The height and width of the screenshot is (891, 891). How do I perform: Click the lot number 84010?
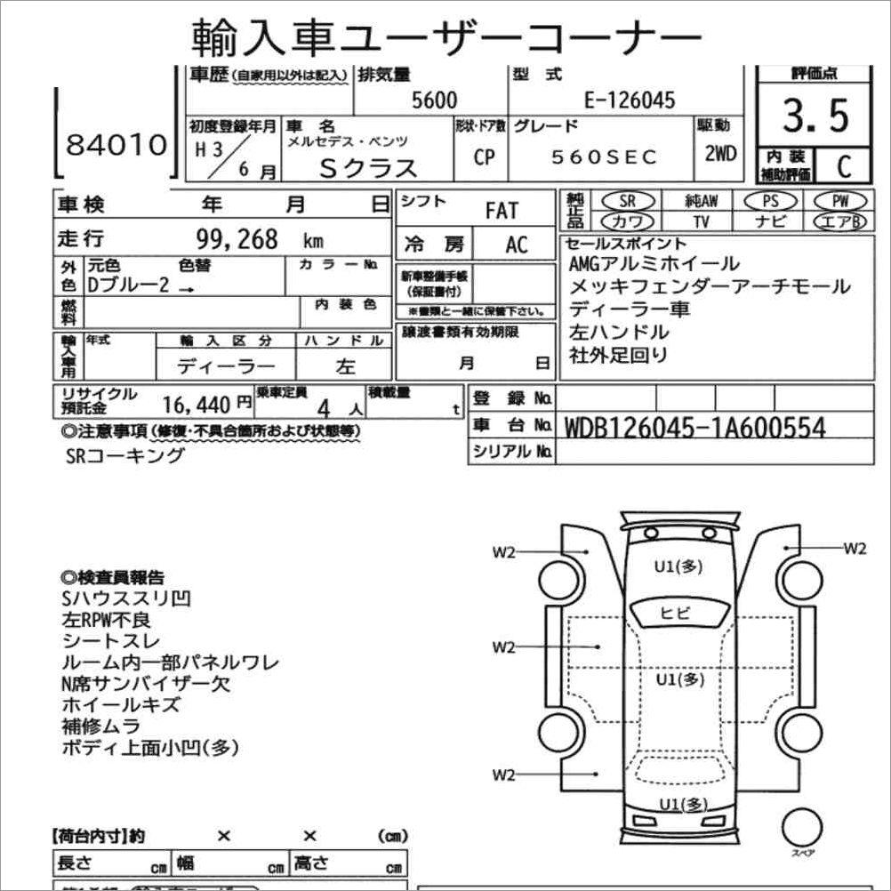(116, 145)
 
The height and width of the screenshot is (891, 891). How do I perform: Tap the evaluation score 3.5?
(815, 116)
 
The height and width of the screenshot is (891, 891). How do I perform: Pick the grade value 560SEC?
(604, 157)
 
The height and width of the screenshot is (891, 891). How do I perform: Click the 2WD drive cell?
(719, 153)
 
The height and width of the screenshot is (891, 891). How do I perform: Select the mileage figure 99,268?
(237, 239)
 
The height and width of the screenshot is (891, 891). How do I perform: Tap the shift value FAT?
(501, 211)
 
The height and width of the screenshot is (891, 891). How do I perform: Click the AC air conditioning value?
(517, 245)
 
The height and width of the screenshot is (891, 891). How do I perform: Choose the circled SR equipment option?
(626, 202)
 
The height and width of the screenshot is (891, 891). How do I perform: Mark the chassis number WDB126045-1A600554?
(694, 428)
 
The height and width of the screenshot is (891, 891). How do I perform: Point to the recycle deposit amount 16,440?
(197, 405)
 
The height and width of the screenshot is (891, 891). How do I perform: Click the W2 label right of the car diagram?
(854, 548)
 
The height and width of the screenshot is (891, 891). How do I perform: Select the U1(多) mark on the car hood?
(678, 566)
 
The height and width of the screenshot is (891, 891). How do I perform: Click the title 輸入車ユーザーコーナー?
(446, 36)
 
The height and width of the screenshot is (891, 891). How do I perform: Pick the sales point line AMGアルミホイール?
(654, 264)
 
